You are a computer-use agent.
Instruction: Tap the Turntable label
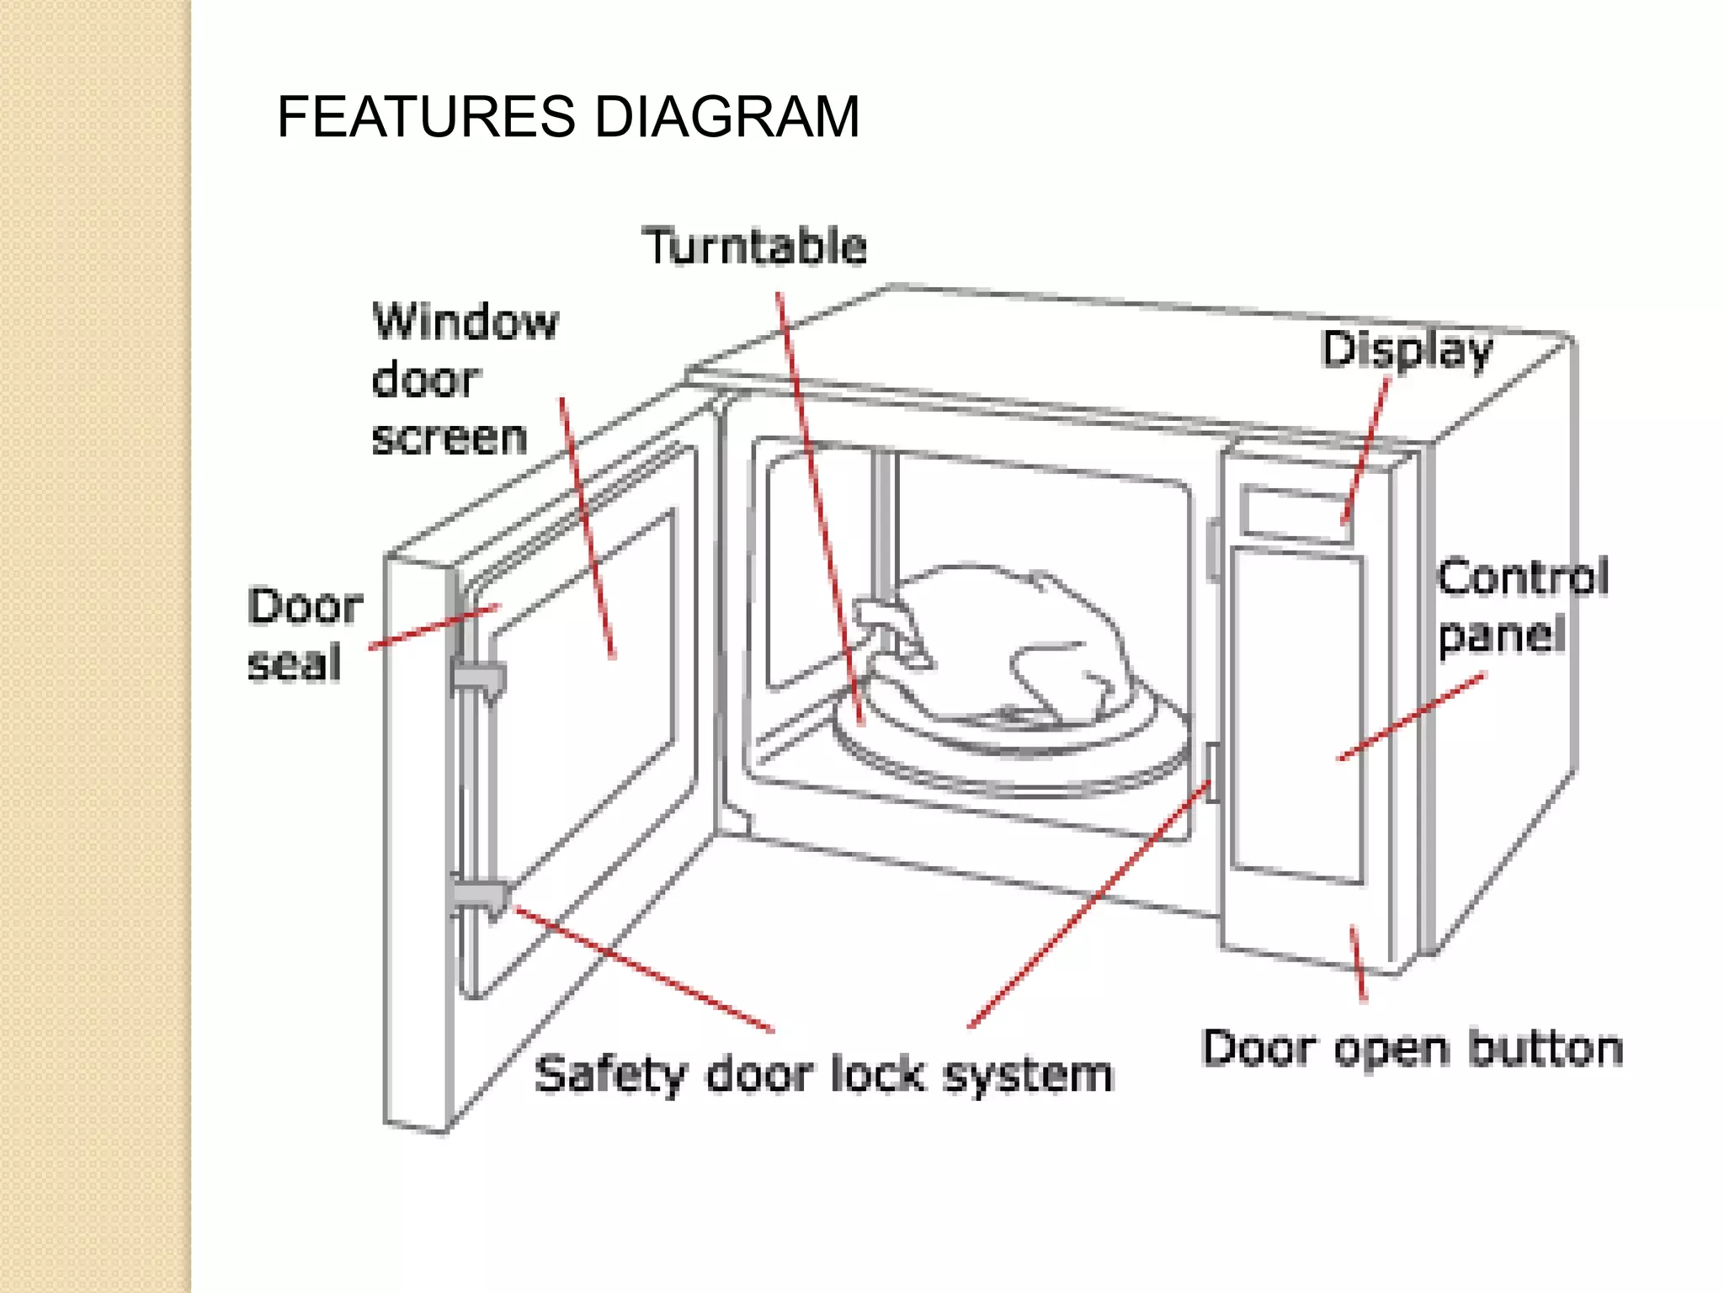click(754, 246)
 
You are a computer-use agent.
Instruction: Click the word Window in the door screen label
click(466, 322)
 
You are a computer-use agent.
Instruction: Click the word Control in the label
click(1523, 577)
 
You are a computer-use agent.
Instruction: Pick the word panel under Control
click(1501, 636)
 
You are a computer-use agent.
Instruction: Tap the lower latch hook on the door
click(480, 898)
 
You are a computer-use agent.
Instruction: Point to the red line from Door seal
click(434, 626)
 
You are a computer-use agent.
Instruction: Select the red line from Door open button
click(1358, 964)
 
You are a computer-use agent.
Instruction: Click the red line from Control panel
click(1411, 716)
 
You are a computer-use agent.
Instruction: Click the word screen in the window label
click(449, 438)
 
